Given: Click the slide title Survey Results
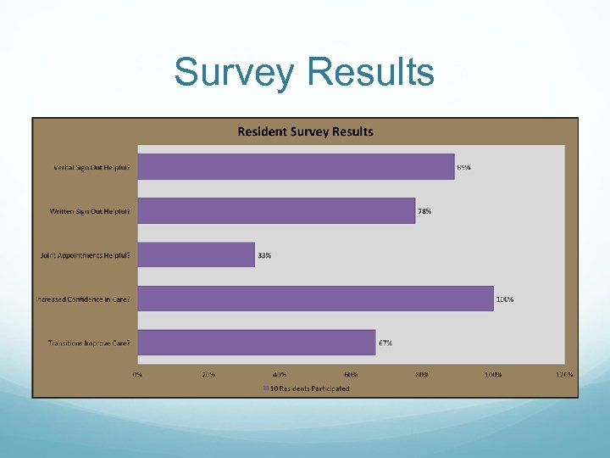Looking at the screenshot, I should click(x=304, y=73).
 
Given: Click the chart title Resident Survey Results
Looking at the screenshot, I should click(x=305, y=131).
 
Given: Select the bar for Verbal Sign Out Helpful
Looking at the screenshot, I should click(x=296, y=166).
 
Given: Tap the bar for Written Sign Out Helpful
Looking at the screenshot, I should click(x=276, y=210).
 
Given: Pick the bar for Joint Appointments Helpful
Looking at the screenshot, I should click(x=196, y=254).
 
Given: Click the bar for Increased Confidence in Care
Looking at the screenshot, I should click(x=315, y=299).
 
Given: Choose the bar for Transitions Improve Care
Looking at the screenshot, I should click(x=256, y=343).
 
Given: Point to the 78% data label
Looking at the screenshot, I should click(x=424, y=211).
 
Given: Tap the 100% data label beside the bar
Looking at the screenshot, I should click(x=505, y=299).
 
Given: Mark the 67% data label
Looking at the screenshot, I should click(x=385, y=343).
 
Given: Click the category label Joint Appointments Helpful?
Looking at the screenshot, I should click(x=86, y=255).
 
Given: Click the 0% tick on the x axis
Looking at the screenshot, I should click(x=137, y=374).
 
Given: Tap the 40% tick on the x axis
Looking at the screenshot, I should click(x=280, y=374).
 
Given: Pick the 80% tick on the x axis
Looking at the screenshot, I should click(x=422, y=374).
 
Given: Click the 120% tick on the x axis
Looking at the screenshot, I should click(x=563, y=374).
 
